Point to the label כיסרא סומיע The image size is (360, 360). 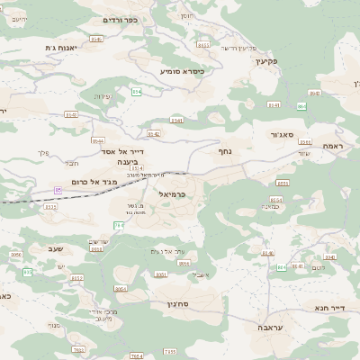click(181, 70)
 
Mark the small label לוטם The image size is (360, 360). click(319, 267)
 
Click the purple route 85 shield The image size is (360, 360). click(58, 190)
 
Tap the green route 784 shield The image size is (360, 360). click(118, 225)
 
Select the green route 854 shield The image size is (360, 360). click(136, 92)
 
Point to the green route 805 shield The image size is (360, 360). click(28, 272)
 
